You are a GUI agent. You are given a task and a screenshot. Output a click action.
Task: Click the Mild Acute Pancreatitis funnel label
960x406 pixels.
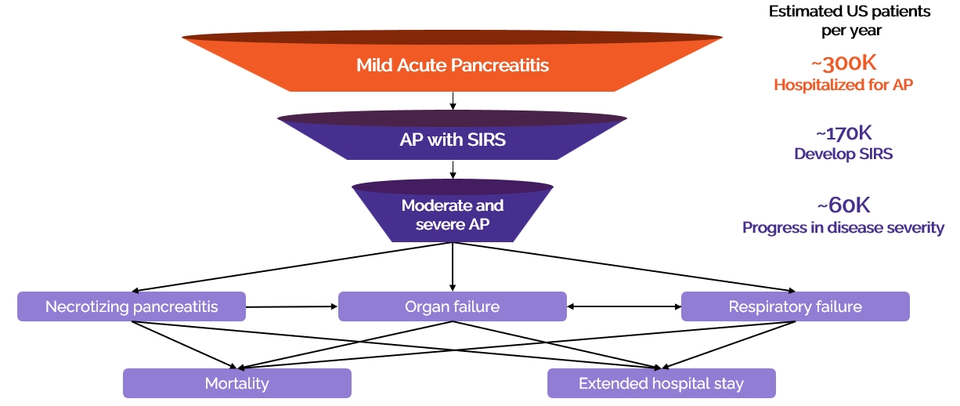[453, 65]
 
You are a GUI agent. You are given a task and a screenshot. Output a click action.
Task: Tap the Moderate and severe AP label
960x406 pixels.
[453, 213]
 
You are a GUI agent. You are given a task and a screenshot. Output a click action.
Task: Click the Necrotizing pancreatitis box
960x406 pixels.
[132, 306]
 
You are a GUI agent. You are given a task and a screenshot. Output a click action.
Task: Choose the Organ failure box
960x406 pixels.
[452, 306]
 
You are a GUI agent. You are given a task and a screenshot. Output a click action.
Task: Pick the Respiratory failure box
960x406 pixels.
[795, 306]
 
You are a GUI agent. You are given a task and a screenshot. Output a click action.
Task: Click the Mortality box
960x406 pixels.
[236, 383]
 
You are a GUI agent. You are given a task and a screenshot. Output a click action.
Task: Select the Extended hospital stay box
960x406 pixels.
[661, 383]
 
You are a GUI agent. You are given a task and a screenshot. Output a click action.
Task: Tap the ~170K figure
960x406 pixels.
[843, 133]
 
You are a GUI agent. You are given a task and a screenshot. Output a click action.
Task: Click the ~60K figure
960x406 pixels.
[843, 205]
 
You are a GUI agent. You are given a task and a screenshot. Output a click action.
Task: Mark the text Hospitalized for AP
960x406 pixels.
[843, 85]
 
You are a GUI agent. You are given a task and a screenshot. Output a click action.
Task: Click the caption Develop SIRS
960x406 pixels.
[843, 154]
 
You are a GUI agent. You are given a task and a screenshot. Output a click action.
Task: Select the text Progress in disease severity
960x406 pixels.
[843, 228]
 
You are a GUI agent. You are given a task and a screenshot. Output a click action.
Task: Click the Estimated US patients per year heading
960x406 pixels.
[839, 21]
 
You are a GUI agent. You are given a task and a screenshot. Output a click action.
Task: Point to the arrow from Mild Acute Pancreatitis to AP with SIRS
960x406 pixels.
[453, 101]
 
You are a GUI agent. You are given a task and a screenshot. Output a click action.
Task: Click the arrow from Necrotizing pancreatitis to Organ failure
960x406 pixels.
[291, 306]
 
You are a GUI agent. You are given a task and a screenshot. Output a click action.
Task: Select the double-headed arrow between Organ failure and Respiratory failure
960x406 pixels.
[623, 306]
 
